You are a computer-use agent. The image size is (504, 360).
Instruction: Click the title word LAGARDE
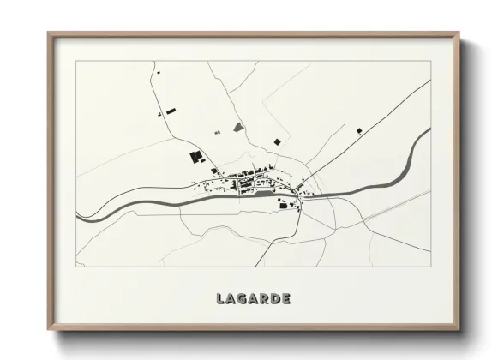pos(253,299)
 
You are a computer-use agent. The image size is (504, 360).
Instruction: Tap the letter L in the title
pos(221,299)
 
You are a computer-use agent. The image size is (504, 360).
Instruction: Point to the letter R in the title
pos(265,299)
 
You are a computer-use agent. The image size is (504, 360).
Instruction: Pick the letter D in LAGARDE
pos(275,299)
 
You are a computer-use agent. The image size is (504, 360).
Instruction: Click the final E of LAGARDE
pos(285,299)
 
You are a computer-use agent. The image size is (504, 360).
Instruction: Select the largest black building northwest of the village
pos(196,156)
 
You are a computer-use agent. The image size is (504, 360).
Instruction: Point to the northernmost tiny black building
pos(158,114)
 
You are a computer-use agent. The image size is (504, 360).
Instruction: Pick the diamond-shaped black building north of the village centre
pos(276,141)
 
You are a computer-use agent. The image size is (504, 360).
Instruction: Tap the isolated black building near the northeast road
pos(358,131)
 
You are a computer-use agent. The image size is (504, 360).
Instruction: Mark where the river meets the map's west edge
pos(78,219)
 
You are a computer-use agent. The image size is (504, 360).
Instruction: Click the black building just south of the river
pos(284,203)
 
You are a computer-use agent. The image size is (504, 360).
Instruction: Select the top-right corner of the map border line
pos(430,62)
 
